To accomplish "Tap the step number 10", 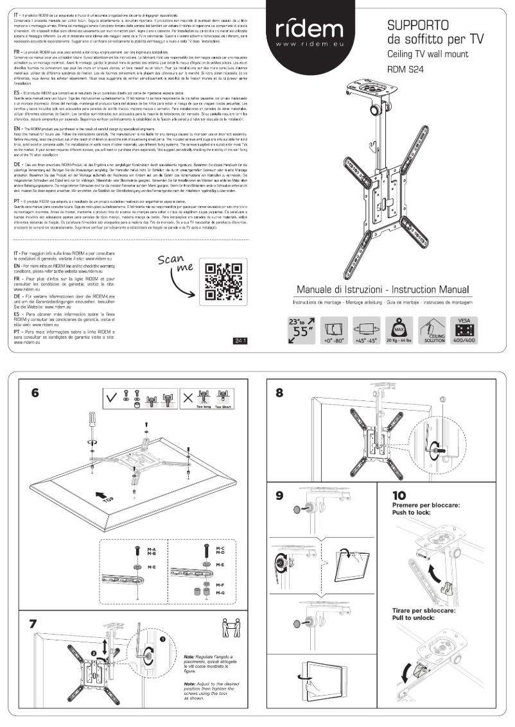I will [399, 495].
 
